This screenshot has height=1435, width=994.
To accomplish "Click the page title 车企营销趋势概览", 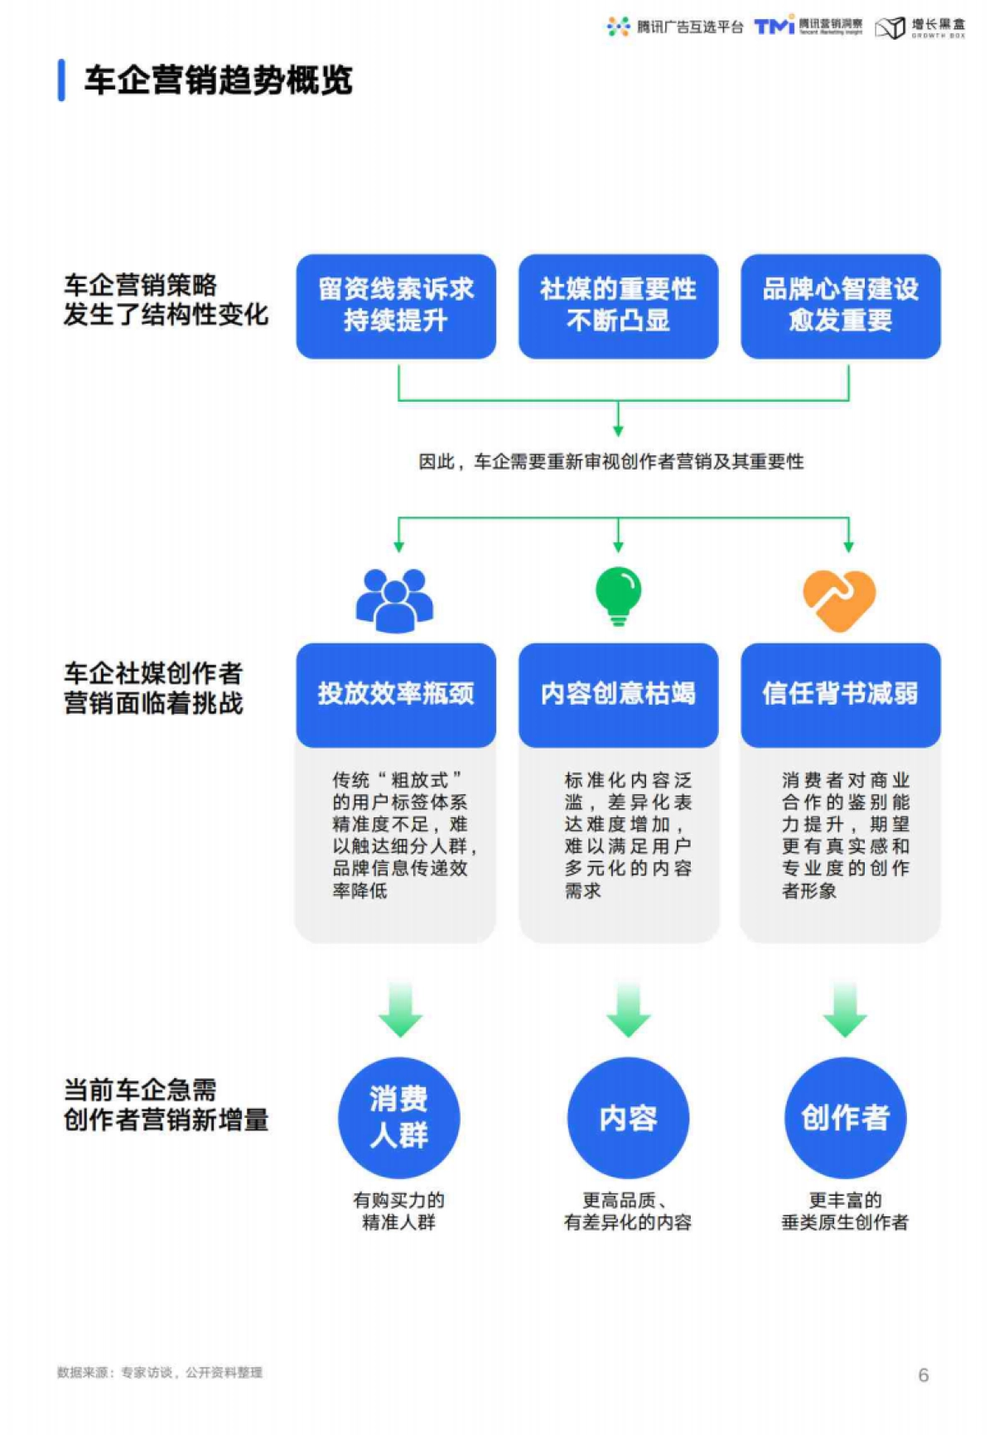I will click(218, 80).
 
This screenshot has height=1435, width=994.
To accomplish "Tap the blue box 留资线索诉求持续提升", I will click(396, 306).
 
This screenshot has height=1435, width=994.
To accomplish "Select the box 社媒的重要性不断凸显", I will click(618, 306).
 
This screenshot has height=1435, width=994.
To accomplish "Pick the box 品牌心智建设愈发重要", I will click(840, 306).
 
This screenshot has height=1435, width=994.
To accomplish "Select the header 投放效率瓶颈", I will click(396, 694).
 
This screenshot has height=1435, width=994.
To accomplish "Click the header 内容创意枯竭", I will click(618, 694).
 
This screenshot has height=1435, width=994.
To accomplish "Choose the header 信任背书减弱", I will click(840, 694).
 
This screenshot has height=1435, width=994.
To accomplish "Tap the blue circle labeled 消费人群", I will click(398, 1117).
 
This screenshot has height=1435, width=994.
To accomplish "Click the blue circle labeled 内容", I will click(628, 1117).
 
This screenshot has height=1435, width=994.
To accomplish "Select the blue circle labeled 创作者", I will click(845, 1117).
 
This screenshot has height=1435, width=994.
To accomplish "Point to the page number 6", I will click(923, 1375).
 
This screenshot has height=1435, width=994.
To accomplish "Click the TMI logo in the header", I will click(774, 26).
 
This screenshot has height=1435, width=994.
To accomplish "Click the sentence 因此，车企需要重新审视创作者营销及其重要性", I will click(610, 462).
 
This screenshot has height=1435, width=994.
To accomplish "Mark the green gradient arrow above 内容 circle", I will click(628, 1009).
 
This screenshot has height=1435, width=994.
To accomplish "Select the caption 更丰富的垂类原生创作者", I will click(845, 1211).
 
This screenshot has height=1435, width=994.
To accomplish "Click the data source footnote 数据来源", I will click(160, 1372).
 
